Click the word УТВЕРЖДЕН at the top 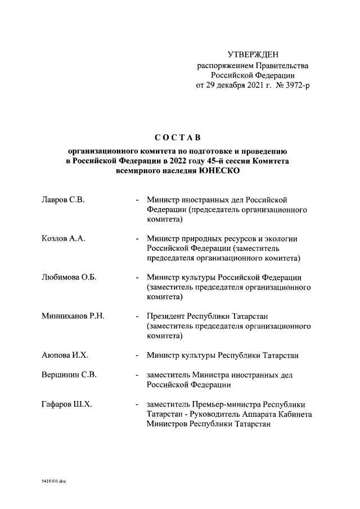252,55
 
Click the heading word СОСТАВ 177,138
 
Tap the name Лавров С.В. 63,200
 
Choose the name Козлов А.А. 63,238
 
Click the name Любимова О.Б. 67,277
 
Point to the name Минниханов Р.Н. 73,316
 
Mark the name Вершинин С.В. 69,375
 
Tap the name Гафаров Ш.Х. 67,404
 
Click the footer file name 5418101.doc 53,481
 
